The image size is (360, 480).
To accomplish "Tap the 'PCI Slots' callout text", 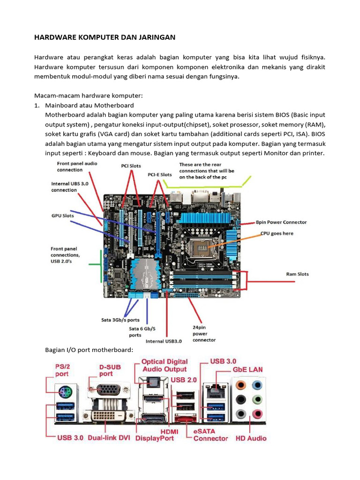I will click(131, 165).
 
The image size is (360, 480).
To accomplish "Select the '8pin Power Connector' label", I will click(282, 222).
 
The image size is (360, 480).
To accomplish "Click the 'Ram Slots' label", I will click(297, 274).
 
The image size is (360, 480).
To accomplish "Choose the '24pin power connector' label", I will click(204, 333).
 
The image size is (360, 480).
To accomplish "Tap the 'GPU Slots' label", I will click(62, 217).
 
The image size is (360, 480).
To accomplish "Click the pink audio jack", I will click(257, 414).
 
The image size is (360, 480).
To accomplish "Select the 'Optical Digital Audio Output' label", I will click(165, 365).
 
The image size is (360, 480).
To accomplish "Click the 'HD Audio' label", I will click(250, 438).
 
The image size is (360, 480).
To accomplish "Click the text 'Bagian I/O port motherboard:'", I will click(89, 350).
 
